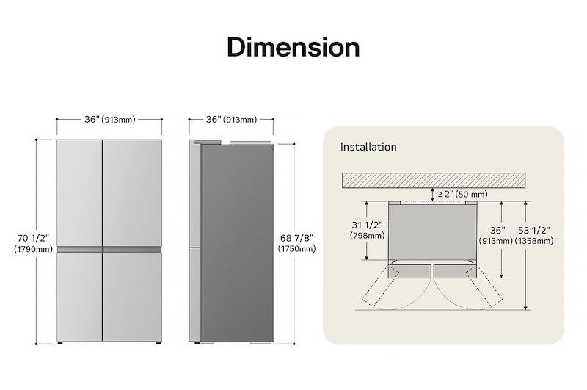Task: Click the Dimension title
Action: (x=293, y=47)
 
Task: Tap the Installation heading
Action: (x=368, y=147)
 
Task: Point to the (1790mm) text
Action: (x=32, y=250)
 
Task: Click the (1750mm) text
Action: (x=296, y=249)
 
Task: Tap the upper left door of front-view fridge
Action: (x=79, y=192)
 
